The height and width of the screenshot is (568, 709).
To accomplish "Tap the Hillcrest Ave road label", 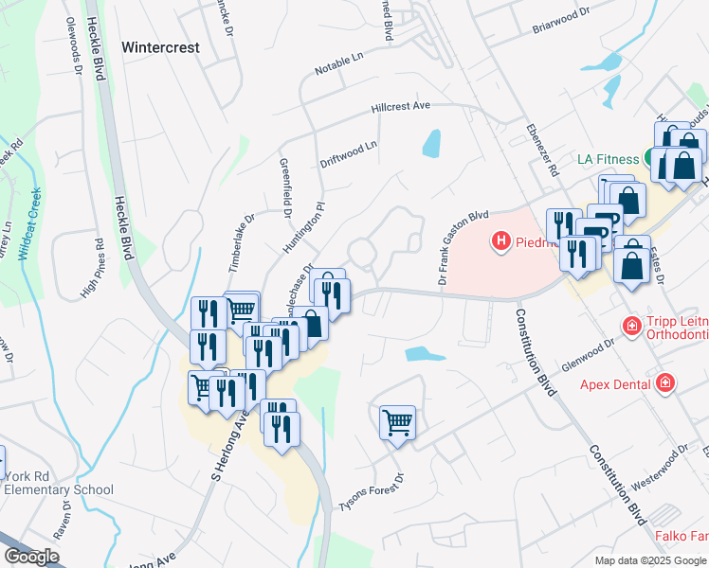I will pos(401,107).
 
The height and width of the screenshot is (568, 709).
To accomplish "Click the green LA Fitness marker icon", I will pos(653,158).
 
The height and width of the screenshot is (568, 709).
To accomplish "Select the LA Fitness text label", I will pos(609,159).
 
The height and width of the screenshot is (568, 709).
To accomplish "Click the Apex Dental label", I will pos(617,384).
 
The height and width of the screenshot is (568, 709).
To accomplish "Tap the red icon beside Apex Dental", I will pos(666,383).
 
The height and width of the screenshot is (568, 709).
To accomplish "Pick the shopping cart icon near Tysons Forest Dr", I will pos(397,421).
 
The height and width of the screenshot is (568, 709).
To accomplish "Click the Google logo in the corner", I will pos(31,557).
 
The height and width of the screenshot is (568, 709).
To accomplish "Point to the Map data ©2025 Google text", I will pos(649,560).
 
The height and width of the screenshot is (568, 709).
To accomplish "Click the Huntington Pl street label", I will pos(304,227).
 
